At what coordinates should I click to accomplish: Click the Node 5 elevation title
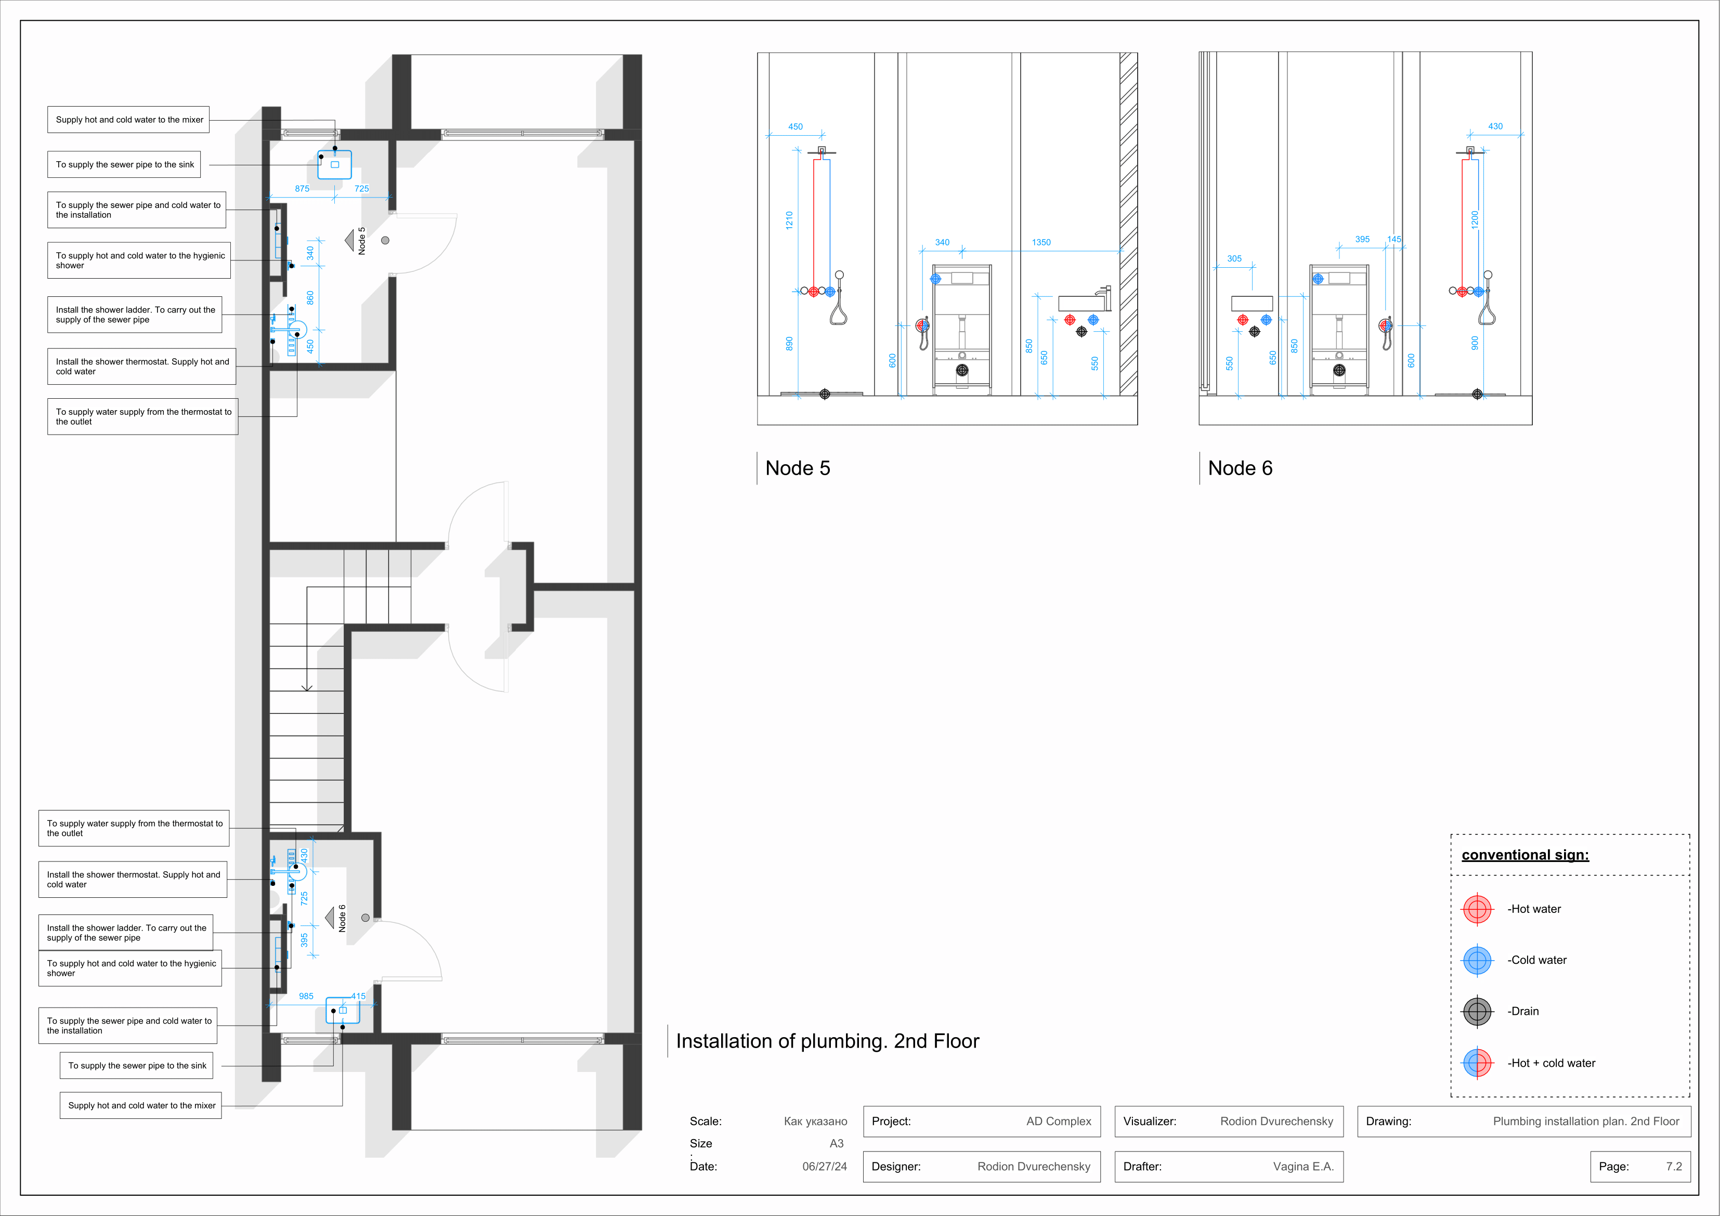click(797, 468)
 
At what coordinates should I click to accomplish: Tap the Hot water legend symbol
click(1477, 909)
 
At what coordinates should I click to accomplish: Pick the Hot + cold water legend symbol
click(1477, 1063)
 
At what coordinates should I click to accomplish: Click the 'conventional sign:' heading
click(1524, 855)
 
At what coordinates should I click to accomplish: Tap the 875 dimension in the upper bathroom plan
click(302, 189)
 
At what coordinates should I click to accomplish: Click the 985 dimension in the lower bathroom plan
click(306, 996)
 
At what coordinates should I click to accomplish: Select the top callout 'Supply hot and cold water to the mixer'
click(129, 120)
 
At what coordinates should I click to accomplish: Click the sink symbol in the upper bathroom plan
click(334, 165)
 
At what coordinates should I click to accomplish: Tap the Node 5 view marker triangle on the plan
click(349, 241)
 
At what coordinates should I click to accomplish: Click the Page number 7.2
click(1674, 1167)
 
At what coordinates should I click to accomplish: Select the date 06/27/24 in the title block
click(824, 1167)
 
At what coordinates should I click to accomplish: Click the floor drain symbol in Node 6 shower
click(1477, 394)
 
